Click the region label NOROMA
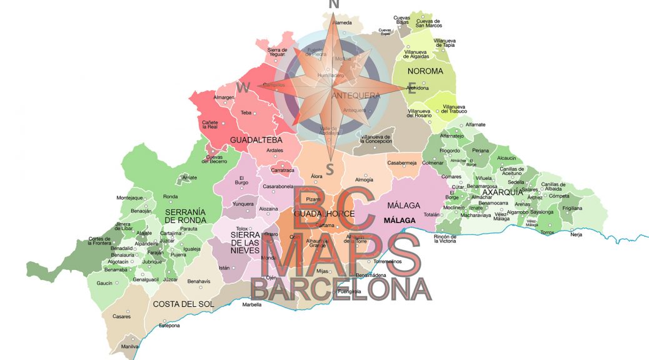point(425,71)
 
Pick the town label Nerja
point(576,234)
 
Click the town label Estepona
point(169,326)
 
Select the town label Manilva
point(130,346)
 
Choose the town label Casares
point(121,316)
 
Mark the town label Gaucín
point(104,283)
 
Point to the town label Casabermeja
point(402,162)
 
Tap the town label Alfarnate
point(475,124)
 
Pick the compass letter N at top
point(335,4)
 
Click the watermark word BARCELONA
point(341,289)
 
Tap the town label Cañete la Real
point(209,124)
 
